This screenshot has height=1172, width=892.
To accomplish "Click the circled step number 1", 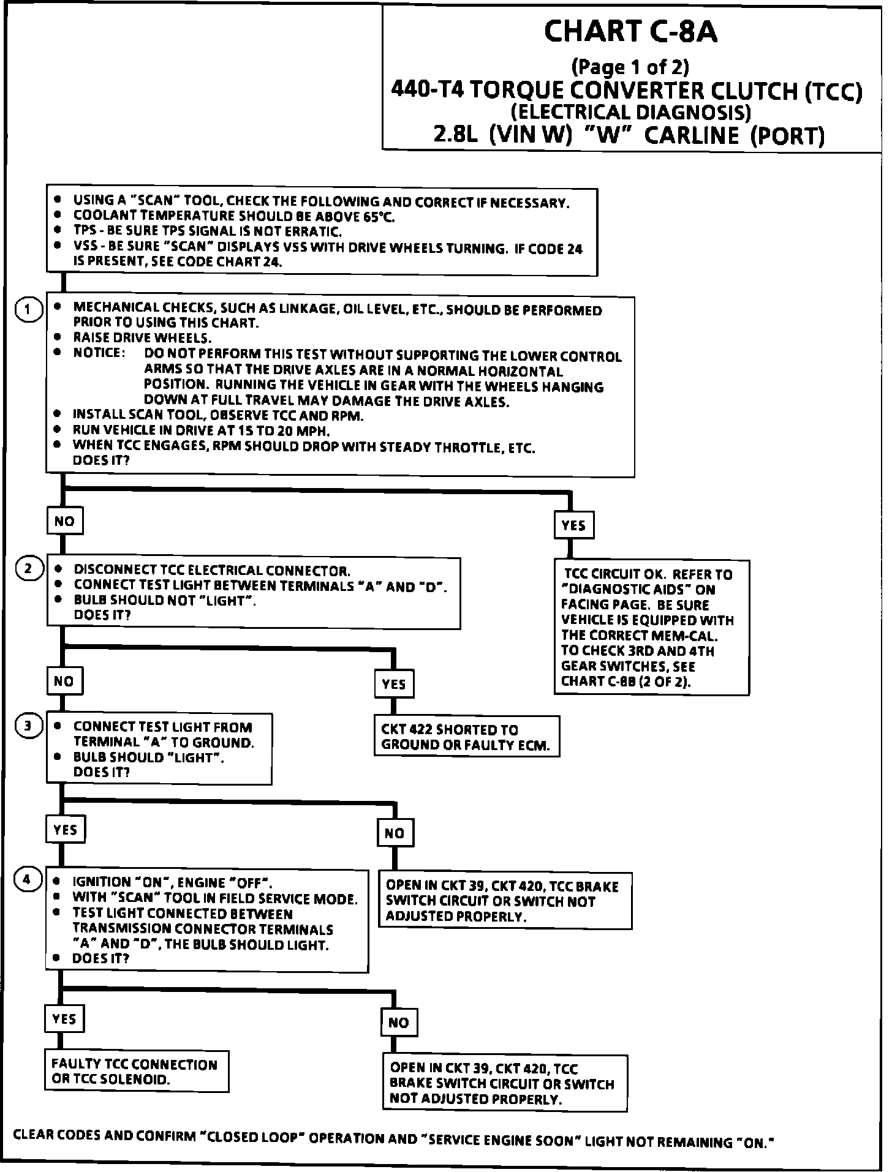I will [x=29, y=310].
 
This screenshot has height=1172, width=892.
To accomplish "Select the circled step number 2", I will [x=29, y=569].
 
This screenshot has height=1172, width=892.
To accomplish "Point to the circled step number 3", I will [x=29, y=726].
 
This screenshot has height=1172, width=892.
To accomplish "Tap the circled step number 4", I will [x=27, y=880].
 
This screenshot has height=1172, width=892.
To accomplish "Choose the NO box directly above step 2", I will [x=64, y=521].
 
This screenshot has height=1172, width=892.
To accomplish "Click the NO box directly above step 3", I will [x=64, y=680].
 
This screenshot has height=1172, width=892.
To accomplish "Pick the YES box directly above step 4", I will [x=65, y=830].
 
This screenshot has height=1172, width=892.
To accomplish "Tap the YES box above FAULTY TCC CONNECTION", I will [x=64, y=1019].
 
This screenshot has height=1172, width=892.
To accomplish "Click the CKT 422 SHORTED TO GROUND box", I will [x=466, y=737].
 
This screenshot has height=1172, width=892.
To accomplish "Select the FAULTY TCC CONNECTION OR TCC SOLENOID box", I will [x=136, y=1072].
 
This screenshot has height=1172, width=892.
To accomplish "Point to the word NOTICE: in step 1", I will [x=99, y=353].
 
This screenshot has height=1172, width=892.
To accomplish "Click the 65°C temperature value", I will [x=379, y=217].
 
